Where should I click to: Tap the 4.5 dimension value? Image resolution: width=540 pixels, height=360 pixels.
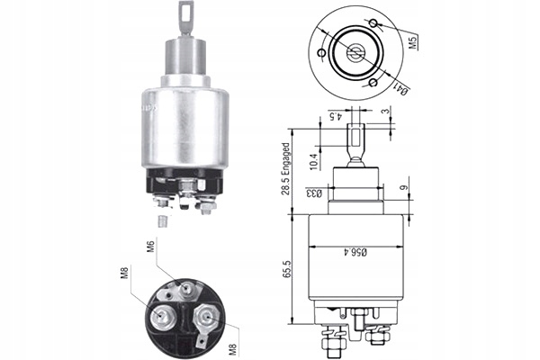pos(332,114)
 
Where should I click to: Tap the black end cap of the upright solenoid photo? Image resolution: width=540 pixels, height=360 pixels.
pos(184,184)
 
